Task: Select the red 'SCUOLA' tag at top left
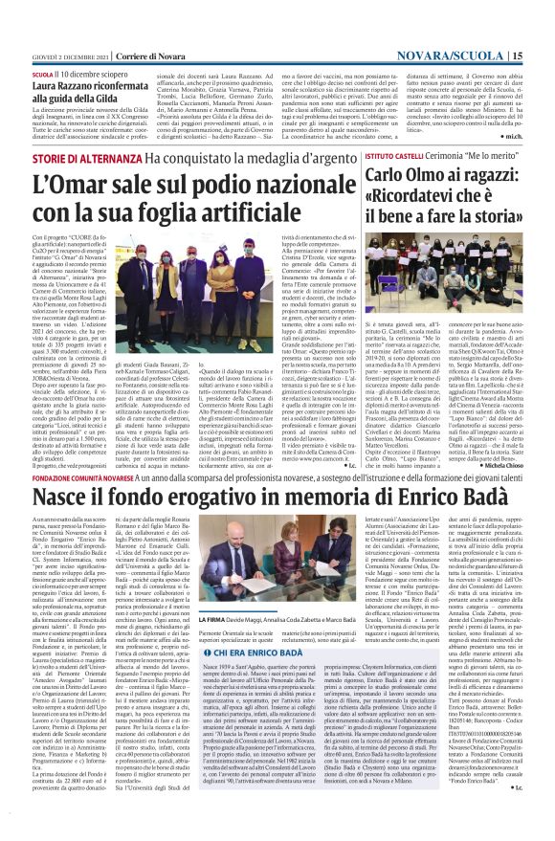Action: (43, 73)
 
